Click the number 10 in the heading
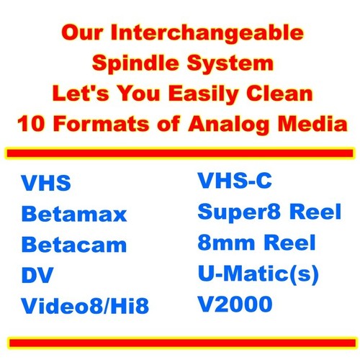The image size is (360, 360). (x=35, y=122)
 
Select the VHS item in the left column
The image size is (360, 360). (x=46, y=183)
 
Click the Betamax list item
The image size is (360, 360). (x=74, y=214)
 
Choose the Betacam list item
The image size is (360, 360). (x=73, y=244)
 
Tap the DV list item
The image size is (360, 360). (x=35, y=275)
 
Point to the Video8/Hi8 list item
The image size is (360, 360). (x=84, y=306)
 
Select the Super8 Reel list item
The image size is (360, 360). (x=266, y=212)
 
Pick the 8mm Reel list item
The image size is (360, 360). (x=256, y=243)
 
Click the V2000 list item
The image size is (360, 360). (x=235, y=304)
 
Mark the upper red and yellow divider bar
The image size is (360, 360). (x=180, y=153)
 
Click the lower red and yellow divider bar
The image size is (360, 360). (x=180, y=340)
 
